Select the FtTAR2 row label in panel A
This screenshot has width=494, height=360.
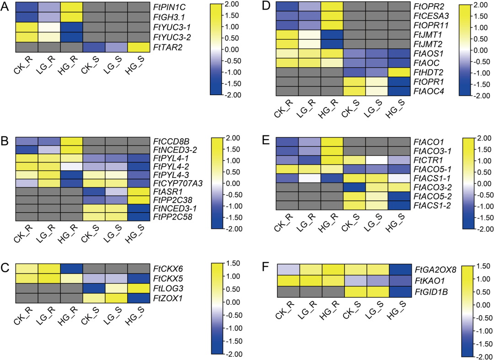pos(168,47)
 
